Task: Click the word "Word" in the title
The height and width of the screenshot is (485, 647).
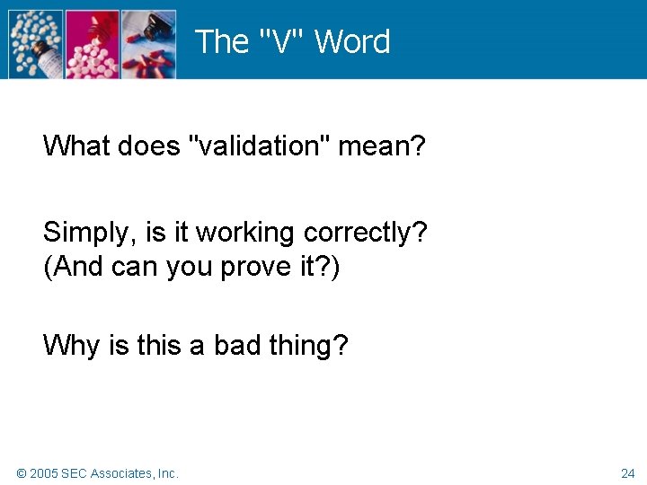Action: point(352,42)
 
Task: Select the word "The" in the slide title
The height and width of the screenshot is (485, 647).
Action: point(221,42)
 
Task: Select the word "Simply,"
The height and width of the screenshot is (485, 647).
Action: point(91,233)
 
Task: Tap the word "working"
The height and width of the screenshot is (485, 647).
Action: point(246,233)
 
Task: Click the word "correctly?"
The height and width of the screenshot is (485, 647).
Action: point(366,233)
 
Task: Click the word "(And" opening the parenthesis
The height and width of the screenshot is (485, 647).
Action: point(74,267)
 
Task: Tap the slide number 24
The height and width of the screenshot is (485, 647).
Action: point(627,473)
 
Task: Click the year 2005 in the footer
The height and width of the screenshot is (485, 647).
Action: point(44,473)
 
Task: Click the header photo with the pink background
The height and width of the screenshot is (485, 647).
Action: point(92,44)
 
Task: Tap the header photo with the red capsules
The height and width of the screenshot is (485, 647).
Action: point(148,44)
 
